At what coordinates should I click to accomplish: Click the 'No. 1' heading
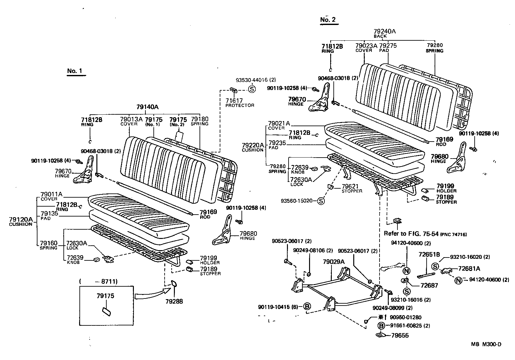pos(75,71)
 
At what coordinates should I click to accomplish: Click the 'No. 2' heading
pos(328,20)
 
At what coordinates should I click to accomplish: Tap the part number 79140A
pos(148,107)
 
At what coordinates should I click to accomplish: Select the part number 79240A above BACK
pos(384,31)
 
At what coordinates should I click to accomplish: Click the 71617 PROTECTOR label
pos(239,102)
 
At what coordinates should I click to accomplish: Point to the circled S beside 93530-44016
pos(251,89)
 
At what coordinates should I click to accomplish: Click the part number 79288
pos(174,301)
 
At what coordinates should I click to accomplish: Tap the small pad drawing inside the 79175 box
pos(106,312)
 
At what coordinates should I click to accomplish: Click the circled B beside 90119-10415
pos(307,307)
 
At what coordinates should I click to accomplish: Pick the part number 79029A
pos(333,262)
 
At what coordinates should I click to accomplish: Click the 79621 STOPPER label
pos(351,188)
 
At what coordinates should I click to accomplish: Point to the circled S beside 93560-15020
pos(321,201)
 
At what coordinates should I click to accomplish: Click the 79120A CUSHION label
pos(21,221)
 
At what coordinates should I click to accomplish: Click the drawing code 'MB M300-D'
pos(486,344)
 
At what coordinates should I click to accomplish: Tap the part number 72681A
pos(469,268)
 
